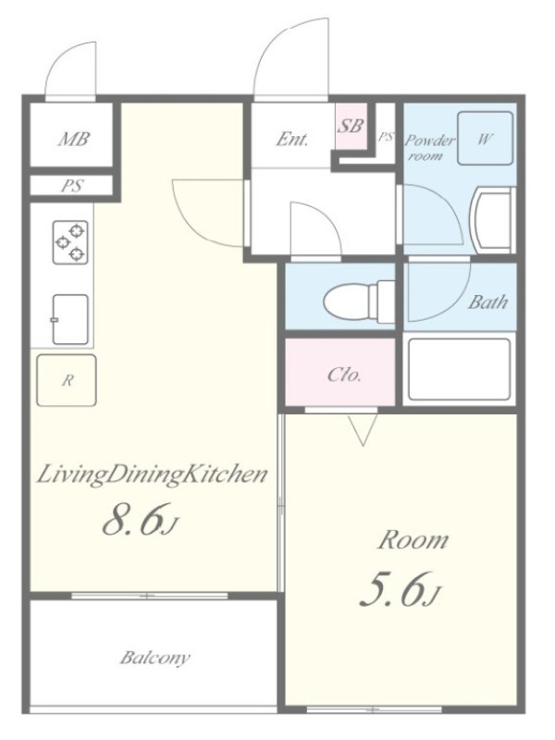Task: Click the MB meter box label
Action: pyautogui.click(x=74, y=140)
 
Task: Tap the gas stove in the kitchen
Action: pyautogui.click(x=71, y=242)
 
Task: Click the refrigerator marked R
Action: pyautogui.click(x=67, y=380)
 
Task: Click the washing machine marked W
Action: pyautogui.click(x=486, y=138)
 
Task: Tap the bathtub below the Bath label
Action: pyautogui.click(x=459, y=369)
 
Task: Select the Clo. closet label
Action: pyautogui.click(x=344, y=376)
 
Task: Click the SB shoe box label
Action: pyautogui.click(x=351, y=126)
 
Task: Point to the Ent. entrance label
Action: pyautogui.click(x=291, y=140)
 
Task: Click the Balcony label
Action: pyautogui.click(x=154, y=658)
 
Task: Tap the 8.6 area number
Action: pyautogui.click(x=141, y=519)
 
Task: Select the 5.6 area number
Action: pyautogui.click(x=400, y=589)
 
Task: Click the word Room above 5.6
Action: pyautogui.click(x=412, y=540)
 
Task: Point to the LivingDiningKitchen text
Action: pyautogui.click(x=152, y=475)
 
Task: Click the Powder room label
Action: pyautogui.click(x=430, y=147)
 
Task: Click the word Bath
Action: pyautogui.click(x=487, y=302)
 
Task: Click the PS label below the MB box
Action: pyautogui.click(x=72, y=186)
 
